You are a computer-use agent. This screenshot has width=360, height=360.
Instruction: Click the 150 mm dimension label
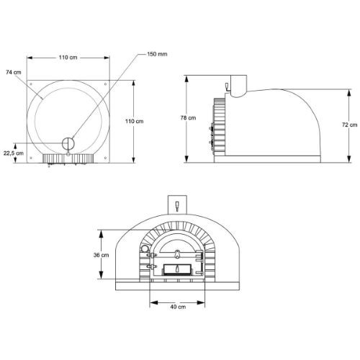(157, 54)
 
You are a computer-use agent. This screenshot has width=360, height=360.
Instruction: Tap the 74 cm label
(14, 72)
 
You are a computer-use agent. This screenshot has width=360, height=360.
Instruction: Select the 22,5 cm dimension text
(14, 153)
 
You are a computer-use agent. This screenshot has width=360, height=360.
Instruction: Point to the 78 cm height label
(188, 118)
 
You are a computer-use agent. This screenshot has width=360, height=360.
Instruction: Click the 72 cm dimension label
(350, 125)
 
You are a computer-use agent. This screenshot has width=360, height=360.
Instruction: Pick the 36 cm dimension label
(101, 255)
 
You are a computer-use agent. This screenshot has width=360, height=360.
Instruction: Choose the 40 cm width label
(178, 307)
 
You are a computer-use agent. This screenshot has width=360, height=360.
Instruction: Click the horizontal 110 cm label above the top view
(68, 58)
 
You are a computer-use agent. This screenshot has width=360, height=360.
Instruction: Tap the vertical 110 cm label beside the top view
(135, 121)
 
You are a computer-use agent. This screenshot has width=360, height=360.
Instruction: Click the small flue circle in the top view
(68, 143)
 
